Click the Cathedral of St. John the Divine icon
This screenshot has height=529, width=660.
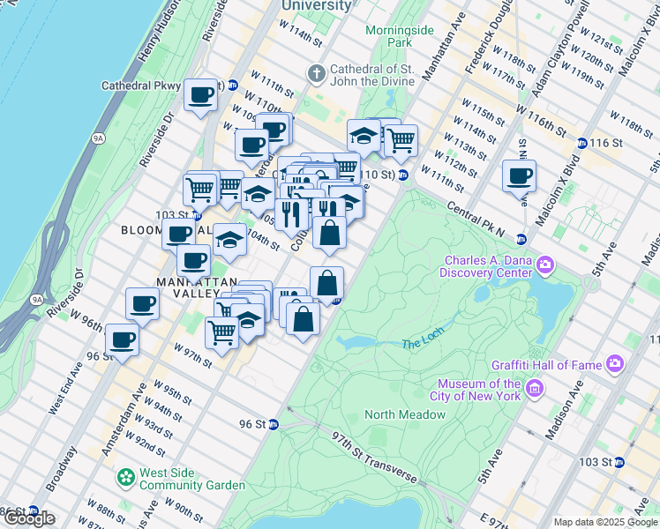click(x=315, y=71)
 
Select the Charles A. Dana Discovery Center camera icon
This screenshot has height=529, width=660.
click(x=545, y=264)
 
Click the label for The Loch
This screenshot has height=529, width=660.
click(x=420, y=345)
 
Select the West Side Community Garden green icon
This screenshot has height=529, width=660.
click(x=127, y=479)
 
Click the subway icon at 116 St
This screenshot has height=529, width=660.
click(x=581, y=143)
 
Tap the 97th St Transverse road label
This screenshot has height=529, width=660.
click(x=375, y=457)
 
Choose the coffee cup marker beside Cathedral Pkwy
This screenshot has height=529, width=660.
click(x=201, y=94)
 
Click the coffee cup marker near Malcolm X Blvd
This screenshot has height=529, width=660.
click(x=519, y=175)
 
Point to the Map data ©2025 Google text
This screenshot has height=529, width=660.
click(x=604, y=522)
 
